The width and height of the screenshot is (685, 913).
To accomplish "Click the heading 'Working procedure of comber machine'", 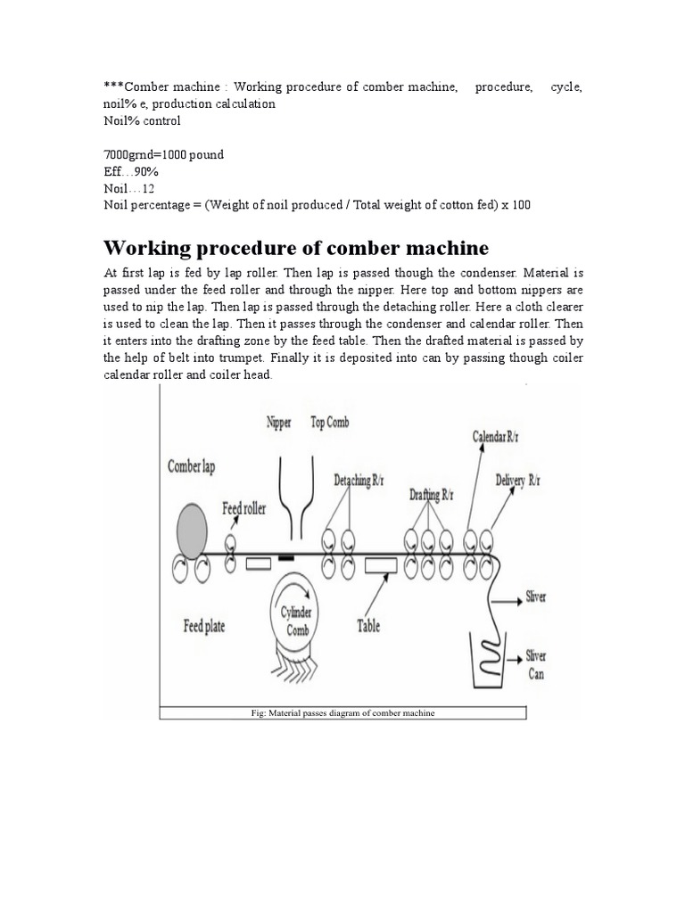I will [x=296, y=247].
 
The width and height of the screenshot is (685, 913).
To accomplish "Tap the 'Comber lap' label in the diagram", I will [x=191, y=466].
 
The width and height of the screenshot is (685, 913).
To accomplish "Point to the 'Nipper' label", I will [x=279, y=423].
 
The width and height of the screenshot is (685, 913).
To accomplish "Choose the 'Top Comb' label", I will [x=329, y=422].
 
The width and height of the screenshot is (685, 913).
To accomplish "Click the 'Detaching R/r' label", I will [x=359, y=480].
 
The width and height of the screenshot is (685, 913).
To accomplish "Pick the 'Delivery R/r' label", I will [x=517, y=480].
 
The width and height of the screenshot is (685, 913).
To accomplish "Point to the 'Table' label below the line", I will [x=368, y=626].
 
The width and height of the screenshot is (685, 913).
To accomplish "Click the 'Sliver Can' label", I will [x=535, y=665].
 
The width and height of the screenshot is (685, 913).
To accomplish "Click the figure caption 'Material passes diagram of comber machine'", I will [x=342, y=714].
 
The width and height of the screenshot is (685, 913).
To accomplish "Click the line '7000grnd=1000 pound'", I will [x=163, y=155].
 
